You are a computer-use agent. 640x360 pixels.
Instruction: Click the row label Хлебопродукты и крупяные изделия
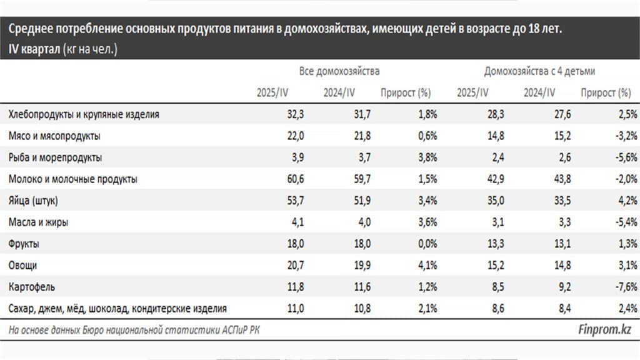(84, 114)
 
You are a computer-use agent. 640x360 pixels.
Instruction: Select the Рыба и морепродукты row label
(56, 157)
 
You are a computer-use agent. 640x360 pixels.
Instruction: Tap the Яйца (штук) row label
(37, 201)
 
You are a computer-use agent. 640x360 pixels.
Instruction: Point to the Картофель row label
(32, 287)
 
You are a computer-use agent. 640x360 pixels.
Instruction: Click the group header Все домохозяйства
(339, 72)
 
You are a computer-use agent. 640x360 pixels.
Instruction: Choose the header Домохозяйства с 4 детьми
(540, 72)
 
